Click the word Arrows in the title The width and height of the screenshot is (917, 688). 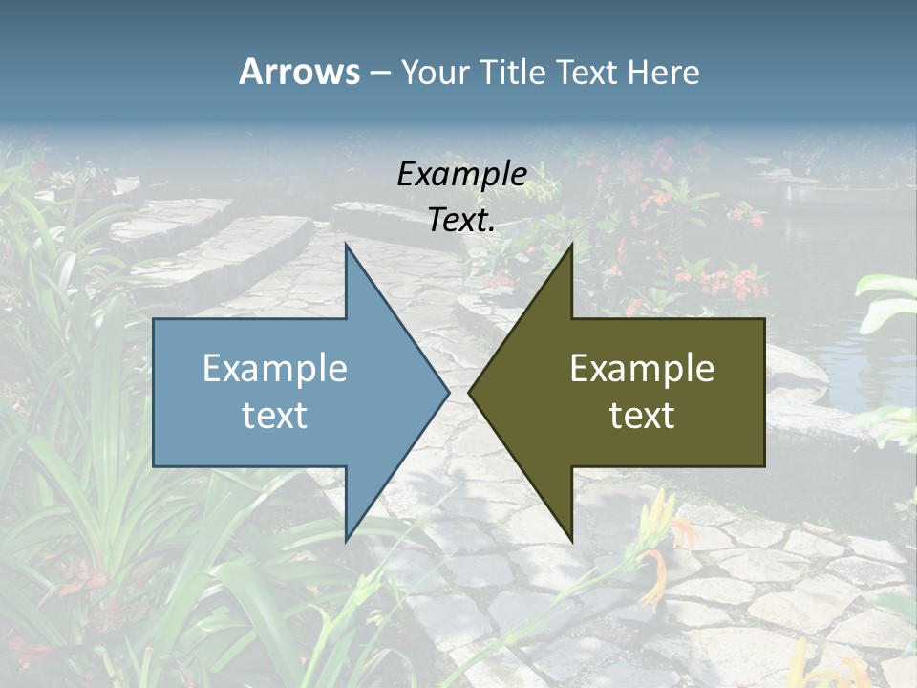click(x=299, y=72)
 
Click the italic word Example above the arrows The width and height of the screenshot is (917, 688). click(x=461, y=174)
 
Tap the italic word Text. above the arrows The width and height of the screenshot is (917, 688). click(x=461, y=221)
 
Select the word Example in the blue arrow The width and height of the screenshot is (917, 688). click(x=274, y=369)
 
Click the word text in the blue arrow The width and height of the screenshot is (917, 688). click(x=274, y=416)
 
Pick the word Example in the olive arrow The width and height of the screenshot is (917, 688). click(x=642, y=369)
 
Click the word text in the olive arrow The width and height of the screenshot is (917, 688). click(x=642, y=416)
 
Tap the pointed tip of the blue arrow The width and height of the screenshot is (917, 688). click(x=448, y=392)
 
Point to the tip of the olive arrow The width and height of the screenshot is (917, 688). click(x=470, y=392)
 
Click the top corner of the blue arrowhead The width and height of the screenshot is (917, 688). click(x=346, y=246)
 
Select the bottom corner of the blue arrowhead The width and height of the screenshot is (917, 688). click(x=346, y=539)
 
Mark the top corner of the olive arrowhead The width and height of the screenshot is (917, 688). click(x=571, y=246)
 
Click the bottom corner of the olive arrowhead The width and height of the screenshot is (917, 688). click(x=571, y=539)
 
